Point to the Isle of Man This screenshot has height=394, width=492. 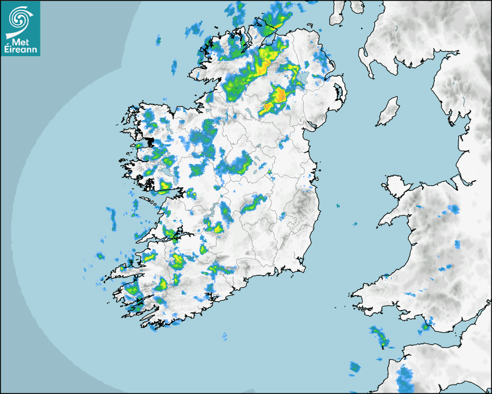pos(388,112)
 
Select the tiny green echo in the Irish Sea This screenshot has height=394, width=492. pos(339,205)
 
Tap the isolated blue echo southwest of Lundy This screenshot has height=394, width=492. pos(354,367)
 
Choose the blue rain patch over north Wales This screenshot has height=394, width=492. pos(453,209)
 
